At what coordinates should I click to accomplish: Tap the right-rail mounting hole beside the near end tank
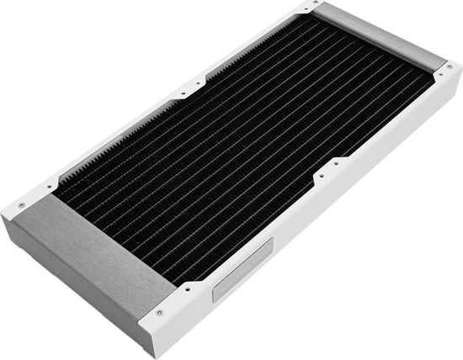(x=187, y=286)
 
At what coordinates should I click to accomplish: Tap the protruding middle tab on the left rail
(x=190, y=88)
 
